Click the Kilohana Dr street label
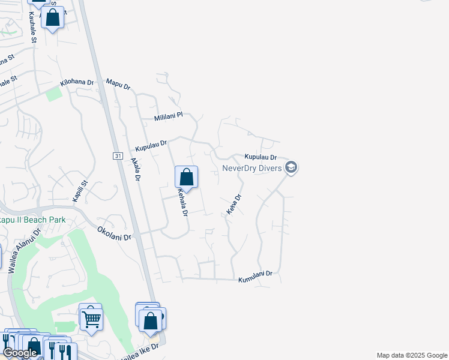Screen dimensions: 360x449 click(77, 83)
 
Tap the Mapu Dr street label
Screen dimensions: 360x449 click(118, 84)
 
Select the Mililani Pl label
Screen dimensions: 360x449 click(168, 116)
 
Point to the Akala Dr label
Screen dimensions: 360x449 click(136, 170)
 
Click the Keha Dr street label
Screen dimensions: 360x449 click(233, 205)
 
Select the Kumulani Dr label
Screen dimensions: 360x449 click(255, 277)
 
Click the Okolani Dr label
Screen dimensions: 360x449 click(114, 233)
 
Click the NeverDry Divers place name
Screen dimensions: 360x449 click(252, 168)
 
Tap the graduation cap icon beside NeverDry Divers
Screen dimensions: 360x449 click(291, 167)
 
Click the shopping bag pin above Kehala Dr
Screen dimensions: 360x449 click(187, 178)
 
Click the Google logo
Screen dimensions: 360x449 click(20, 353)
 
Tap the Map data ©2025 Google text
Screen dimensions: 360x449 click(412, 355)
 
